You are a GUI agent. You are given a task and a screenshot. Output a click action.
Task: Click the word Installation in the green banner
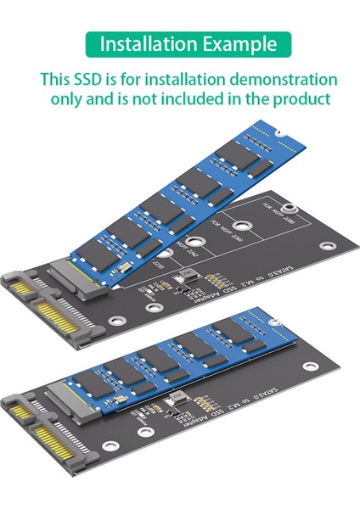coord(147,44)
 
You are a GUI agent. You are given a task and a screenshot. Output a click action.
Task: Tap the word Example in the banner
coord(234,44)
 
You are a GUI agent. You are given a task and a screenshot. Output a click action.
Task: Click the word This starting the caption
coord(57,81)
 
